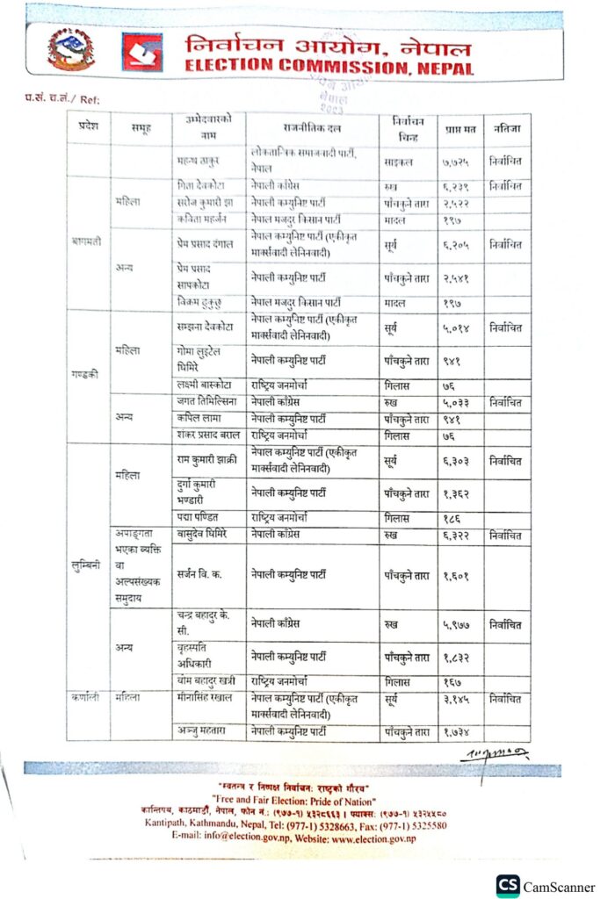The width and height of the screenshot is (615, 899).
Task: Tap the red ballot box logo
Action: (x=141, y=53)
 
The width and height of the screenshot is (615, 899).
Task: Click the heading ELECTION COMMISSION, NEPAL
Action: (x=329, y=68)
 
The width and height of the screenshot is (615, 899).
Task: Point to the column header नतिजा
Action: (x=506, y=126)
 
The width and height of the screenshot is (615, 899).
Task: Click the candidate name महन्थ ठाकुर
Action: (x=199, y=162)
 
